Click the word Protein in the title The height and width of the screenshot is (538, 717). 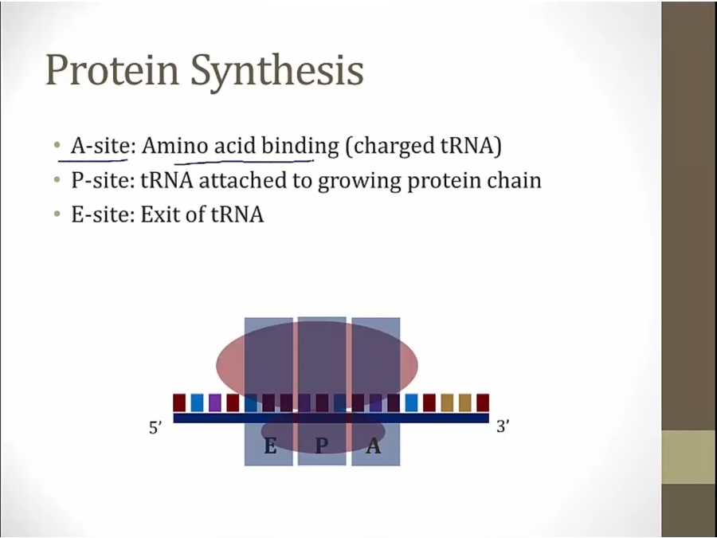[112, 70]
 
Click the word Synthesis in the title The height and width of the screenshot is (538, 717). [277, 71]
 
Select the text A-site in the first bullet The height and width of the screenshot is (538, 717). [100, 146]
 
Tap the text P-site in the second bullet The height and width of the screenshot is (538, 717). [100, 180]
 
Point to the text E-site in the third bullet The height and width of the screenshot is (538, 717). [100, 214]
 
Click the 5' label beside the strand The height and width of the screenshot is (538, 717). [155, 428]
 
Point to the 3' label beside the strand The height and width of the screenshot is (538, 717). [503, 426]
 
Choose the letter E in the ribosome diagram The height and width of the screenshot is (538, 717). [270, 445]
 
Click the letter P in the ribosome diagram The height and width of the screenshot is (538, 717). [322, 445]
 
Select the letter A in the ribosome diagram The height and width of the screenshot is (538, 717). [374, 445]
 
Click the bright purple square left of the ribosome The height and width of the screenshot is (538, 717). [215, 403]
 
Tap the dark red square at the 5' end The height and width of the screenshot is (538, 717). [179, 403]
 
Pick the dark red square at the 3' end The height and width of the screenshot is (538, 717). [483, 403]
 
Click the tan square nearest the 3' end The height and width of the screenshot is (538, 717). [465, 403]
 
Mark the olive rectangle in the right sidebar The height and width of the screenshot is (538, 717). [689, 457]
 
